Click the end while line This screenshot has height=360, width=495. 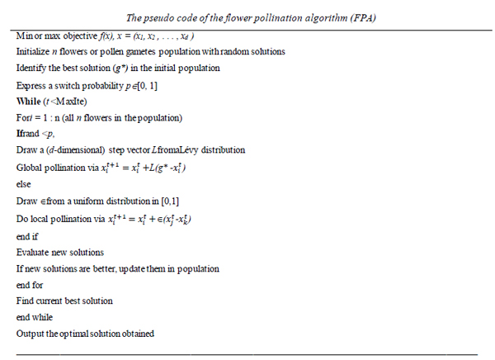coord(34,316)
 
